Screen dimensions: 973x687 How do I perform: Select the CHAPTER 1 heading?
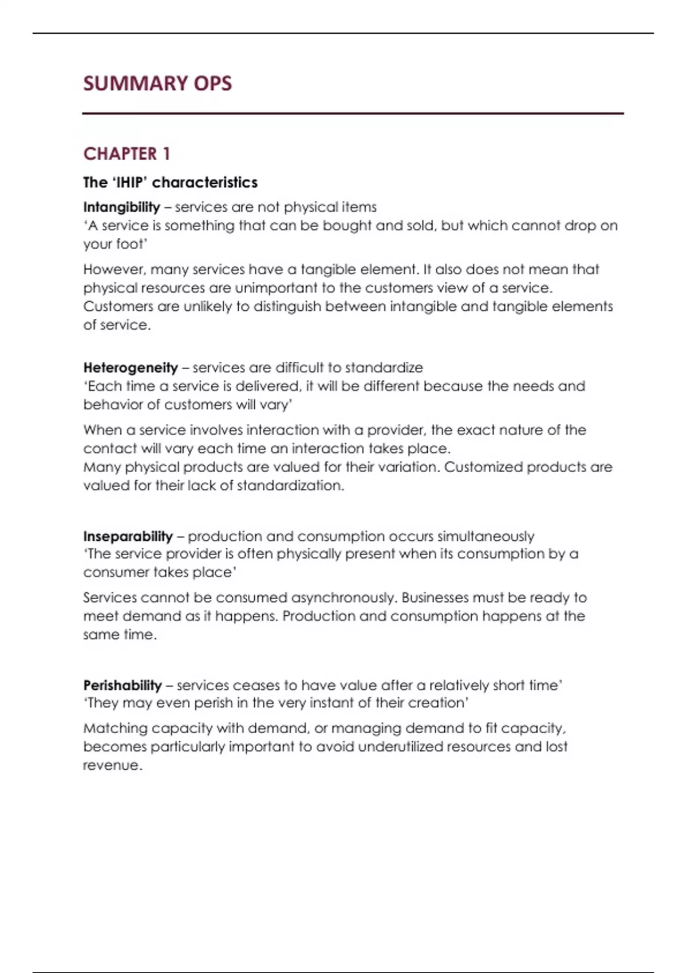click(x=127, y=154)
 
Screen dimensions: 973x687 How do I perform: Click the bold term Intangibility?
click(x=121, y=207)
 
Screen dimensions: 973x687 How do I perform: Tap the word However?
click(x=113, y=270)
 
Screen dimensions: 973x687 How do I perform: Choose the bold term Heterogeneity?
click(x=131, y=367)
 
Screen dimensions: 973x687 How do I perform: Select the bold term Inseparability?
click(x=128, y=536)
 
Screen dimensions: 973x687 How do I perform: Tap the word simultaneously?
click(x=485, y=536)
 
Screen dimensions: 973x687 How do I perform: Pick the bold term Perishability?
click(x=123, y=685)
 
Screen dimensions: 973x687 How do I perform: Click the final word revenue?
click(x=112, y=765)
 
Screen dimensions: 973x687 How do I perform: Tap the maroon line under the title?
click(x=353, y=114)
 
